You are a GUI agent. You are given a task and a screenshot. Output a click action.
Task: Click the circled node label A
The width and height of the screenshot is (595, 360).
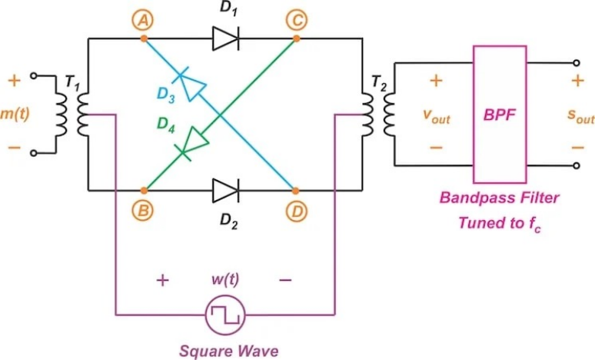[x=142, y=21]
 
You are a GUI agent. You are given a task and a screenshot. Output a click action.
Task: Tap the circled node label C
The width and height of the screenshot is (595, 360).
[x=295, y=21]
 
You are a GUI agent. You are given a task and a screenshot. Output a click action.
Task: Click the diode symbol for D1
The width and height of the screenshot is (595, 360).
[x=225, y=36]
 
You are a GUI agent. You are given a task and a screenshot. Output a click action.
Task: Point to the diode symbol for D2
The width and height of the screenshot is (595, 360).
[x=225, y=189]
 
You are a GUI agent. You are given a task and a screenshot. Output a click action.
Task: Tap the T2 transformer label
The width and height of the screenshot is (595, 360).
[x=379, y=81]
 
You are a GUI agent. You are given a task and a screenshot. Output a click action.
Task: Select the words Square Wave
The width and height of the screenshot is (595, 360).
[x=224, y=349]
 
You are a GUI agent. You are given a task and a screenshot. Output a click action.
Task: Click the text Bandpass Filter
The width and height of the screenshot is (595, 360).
[x=500, y=198]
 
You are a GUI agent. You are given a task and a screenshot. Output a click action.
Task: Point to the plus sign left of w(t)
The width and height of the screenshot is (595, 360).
[x=162, y=280]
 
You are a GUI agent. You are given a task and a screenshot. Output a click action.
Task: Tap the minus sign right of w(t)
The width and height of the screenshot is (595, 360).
[x=285, y=280]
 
